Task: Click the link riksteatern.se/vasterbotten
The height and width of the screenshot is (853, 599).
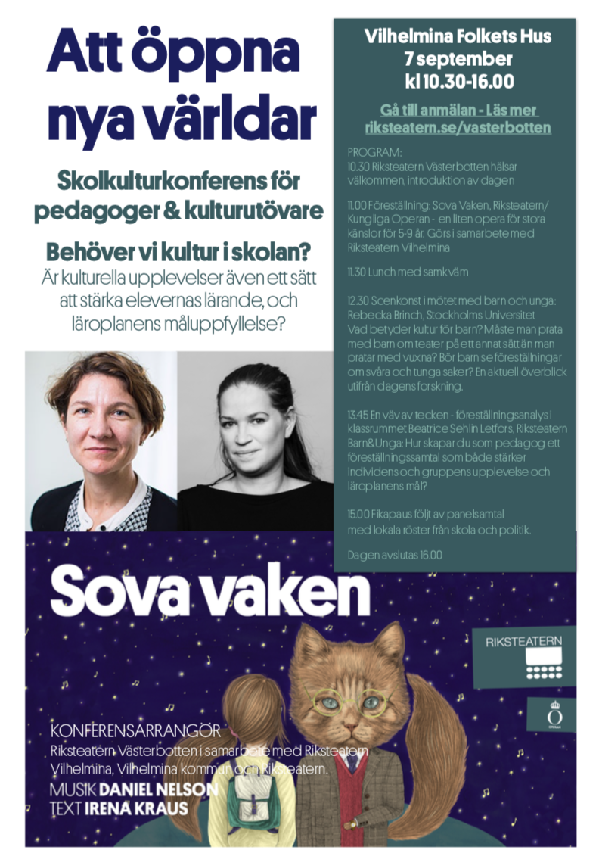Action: pyautogui.click(x=458, y=128)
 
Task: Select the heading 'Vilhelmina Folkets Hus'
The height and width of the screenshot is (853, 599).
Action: pyautogui.click(x=458, y=36)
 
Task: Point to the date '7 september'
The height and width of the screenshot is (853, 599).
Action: pyautogui.click(x=458, y=59)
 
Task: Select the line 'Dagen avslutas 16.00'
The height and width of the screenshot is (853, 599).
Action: pyautogui.click(x=395, y=555)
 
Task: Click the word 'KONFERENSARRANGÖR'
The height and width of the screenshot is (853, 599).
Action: pyautogui.click(x=135, y=732)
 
